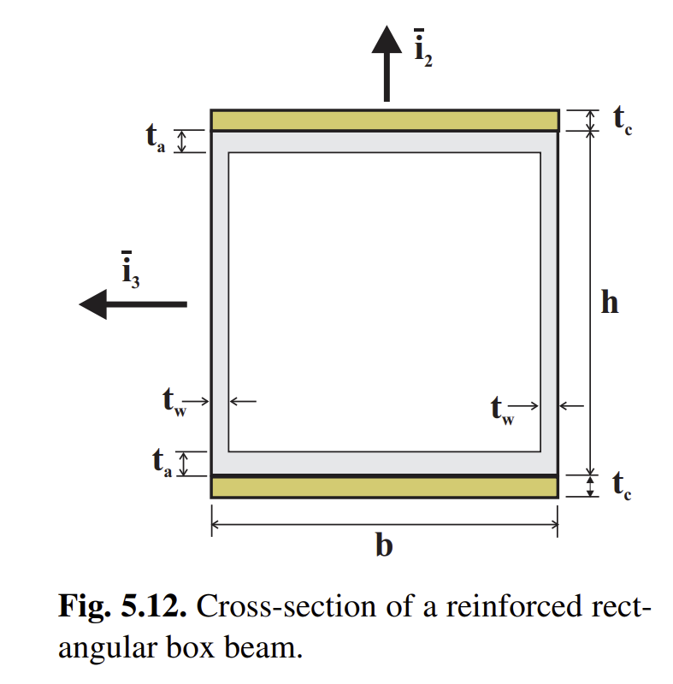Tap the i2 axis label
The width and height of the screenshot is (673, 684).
click(423, 50)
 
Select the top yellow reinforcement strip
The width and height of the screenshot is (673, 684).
click(385, 121)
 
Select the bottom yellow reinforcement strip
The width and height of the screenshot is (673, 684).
click(385, 487)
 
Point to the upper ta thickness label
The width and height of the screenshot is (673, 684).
click(155, 139)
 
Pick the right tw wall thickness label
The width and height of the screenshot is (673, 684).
click(503, 410)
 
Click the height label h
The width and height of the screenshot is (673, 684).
click(609, 302)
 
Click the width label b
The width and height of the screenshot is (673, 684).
click(385, 545)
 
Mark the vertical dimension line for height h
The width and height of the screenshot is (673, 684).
click(588, 256)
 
